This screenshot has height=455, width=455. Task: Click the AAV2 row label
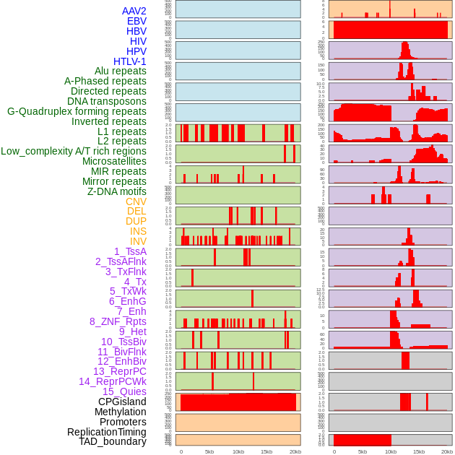134,11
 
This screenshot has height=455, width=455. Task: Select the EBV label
136,21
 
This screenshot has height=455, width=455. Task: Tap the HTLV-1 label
129,61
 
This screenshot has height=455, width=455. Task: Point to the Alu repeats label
120,71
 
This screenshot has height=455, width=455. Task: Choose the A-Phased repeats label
105,81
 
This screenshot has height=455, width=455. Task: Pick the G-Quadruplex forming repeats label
77,111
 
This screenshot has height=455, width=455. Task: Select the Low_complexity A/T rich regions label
73,151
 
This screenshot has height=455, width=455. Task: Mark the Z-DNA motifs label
116,191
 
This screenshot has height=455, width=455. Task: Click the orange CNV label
136,201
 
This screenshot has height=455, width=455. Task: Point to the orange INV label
138,241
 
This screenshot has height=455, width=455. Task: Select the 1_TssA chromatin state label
130,251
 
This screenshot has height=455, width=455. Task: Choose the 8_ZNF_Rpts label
118,321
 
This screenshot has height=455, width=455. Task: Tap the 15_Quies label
124,391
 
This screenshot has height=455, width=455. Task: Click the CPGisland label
122,402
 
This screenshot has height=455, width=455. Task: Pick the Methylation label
120,412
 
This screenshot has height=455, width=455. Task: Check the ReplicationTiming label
106,432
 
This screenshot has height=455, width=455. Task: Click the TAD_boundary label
112,441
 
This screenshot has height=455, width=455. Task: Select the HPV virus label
136,51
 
